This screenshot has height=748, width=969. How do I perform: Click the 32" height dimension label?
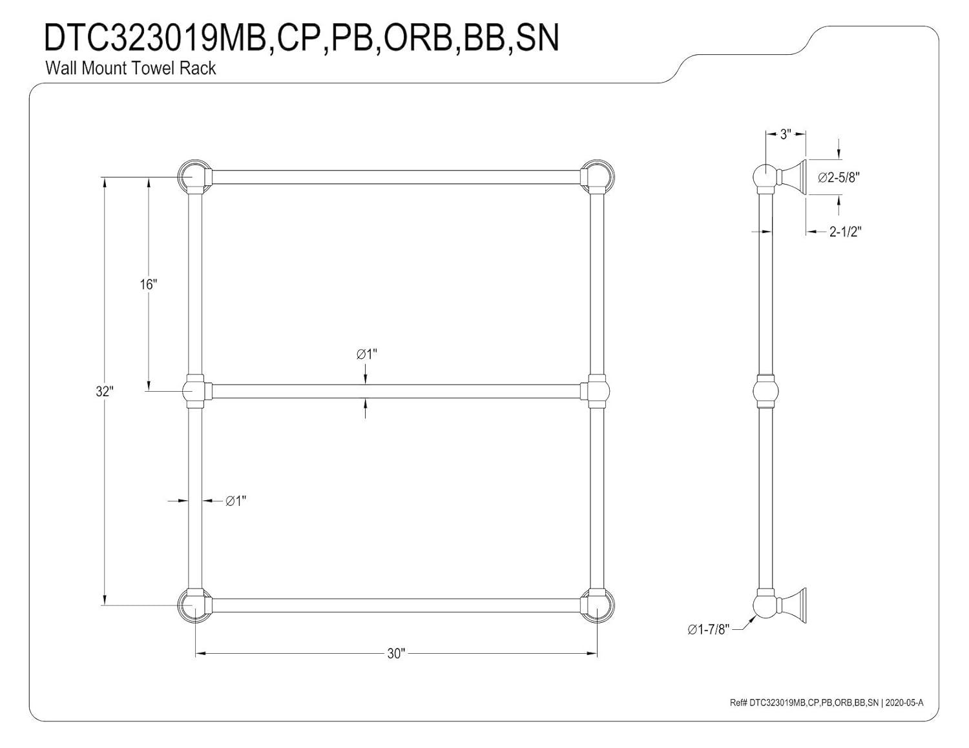pyautogui.click(x=105, y=392)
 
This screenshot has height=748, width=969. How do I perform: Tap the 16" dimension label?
pyautogui.click(x=149, y=284)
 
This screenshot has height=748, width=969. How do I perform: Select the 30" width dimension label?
pyautogui.click(x=396, y=654)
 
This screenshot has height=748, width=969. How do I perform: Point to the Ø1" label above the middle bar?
pyautogui.click(x=366, y=354)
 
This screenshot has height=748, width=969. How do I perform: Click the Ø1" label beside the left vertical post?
pyautogui.click(x=236, y=501)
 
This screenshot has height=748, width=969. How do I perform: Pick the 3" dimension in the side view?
pyautogui.click(x=786, y=134)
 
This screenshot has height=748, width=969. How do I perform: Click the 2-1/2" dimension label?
pyautogui.click(x=845, y=232)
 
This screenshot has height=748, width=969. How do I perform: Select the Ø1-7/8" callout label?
pyautogui.click(x=708, y=629)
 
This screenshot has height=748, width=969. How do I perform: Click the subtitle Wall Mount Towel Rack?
pyautogui.click(x=130, y=68)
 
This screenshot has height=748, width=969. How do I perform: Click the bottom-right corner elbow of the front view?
pyautogui.click(x=597, y=605)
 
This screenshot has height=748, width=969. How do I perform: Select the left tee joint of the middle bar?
pyautogui.click(x=195, y=391)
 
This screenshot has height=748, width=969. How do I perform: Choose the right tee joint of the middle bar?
pyautogui.click(x=597, y=391)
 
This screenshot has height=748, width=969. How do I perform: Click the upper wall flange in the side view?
pyautogui.click(x=793, y=177)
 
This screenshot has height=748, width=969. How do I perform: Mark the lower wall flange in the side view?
pyautogui.click(x=793, y=605)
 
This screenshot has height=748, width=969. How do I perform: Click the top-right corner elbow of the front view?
pyautogui.click(x=597, y=177)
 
